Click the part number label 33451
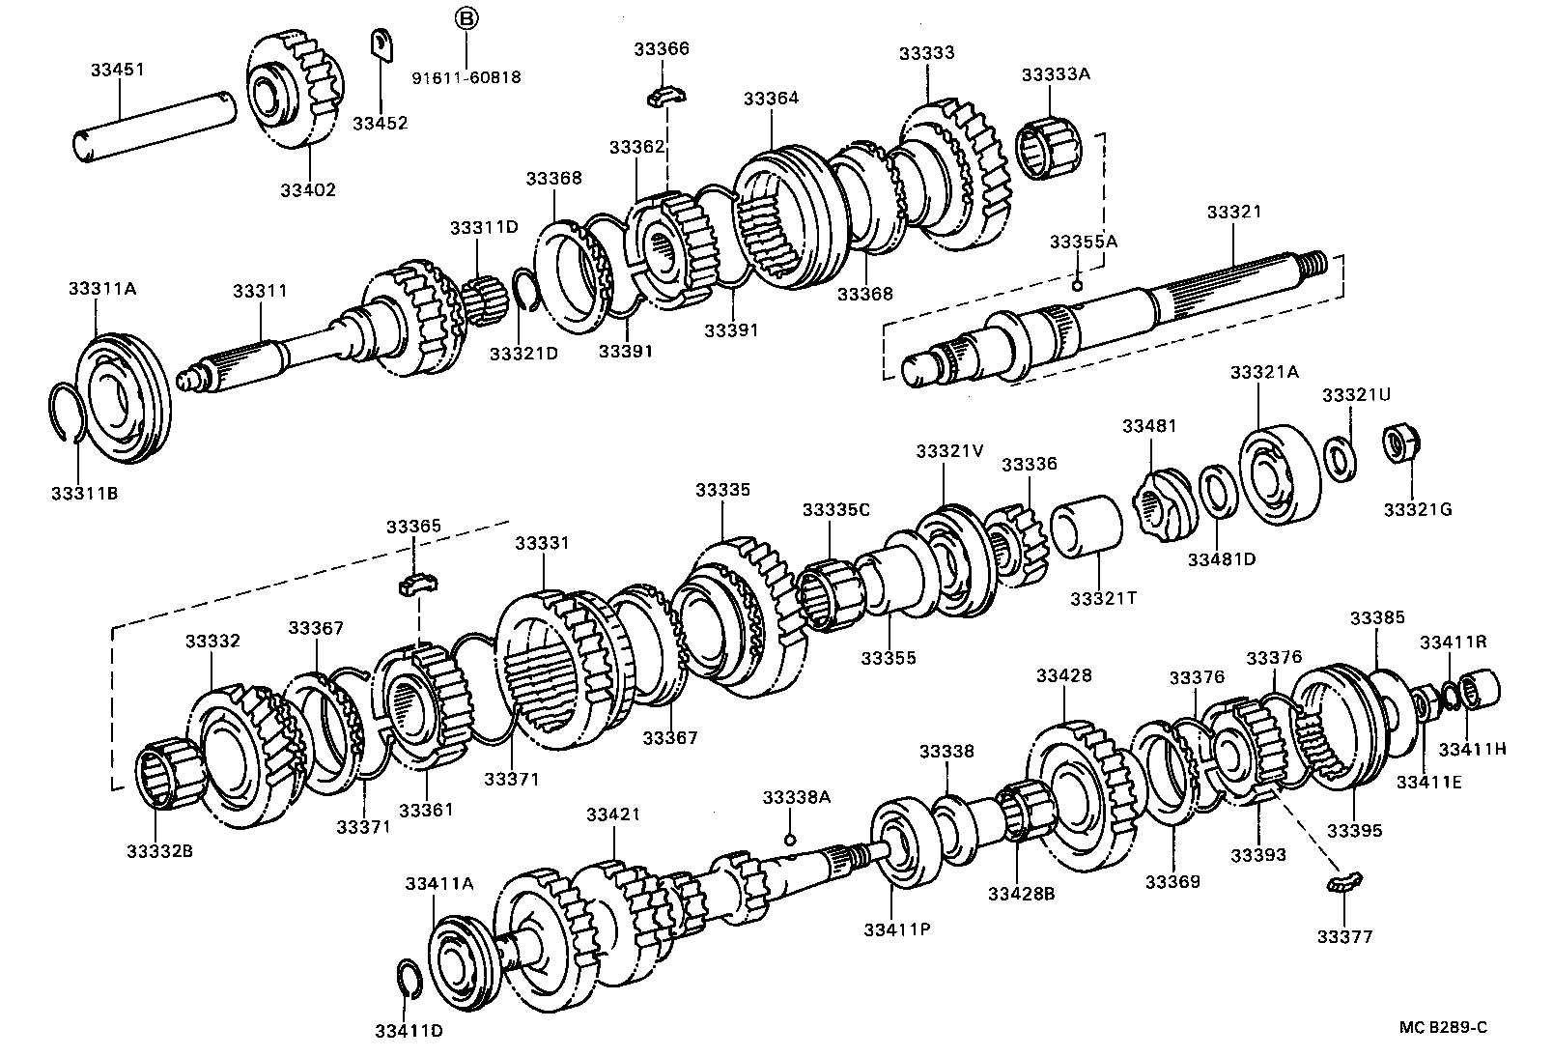pyautogui.click(x=118, y=70)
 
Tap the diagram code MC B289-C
pyautogui.click(x=1444, y=1027)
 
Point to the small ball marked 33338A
pyautogui.click(x=790, y=839)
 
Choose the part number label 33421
pyautogui.click(x=613, y=814)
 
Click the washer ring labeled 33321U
pyautogui.click(x=1339, y=456)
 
